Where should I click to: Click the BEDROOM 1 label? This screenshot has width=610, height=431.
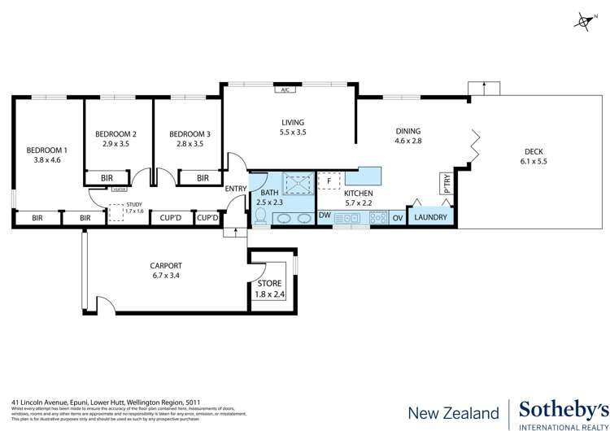48,150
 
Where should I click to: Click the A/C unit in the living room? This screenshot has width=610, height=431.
285,90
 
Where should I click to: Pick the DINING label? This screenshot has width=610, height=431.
408,130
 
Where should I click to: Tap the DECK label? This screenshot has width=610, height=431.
533,150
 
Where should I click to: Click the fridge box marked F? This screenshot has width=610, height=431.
328,181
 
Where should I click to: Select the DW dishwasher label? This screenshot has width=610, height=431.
324,215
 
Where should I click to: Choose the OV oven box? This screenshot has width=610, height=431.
398,217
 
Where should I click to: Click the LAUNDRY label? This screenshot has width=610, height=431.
431,217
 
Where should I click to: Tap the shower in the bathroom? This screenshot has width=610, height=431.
297,184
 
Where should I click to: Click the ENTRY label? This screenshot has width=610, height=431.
236,189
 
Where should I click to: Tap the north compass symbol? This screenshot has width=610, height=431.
583,21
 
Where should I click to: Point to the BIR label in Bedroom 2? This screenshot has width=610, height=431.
107,177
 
